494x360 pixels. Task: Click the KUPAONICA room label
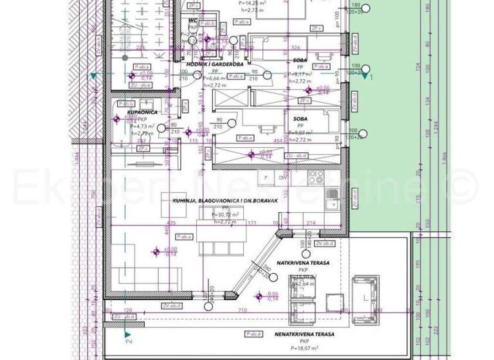point(129,111)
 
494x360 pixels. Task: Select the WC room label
point(192,21)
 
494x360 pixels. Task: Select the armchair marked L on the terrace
point(365,298)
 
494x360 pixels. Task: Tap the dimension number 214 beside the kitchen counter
point(311,222)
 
